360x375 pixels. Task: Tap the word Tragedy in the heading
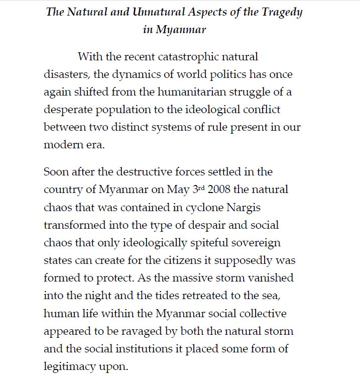point(281,12)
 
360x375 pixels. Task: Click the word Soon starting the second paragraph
point(57,172)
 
